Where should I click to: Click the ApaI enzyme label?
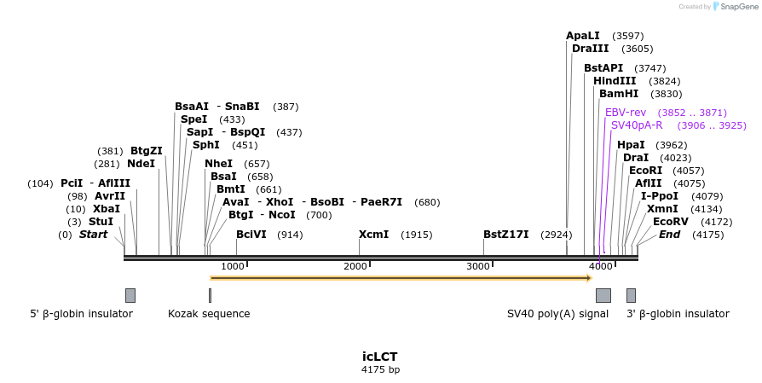point(583,36)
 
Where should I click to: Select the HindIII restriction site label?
point(615,81)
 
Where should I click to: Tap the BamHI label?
point(618,94)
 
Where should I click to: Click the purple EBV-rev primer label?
point(626,113)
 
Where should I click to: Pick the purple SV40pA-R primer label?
point(637,125)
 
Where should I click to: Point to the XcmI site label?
point(373,235)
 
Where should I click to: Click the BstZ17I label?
point(505,235)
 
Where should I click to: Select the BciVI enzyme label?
point(251,235)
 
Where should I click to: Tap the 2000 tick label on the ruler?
point(355,266)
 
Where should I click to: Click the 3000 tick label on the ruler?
point(478,266)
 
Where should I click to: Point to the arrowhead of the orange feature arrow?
point(588,278)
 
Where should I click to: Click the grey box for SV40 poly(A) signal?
point(603,295)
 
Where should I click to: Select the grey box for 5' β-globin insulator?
point(130,295)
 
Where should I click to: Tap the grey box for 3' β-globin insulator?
point(631,295)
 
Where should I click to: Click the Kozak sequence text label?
point(209,314)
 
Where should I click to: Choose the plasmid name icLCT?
point(380,357)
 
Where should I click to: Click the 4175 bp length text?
point(380,370)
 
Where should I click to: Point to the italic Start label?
point(93,235)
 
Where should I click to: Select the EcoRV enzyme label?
point(670,222)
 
